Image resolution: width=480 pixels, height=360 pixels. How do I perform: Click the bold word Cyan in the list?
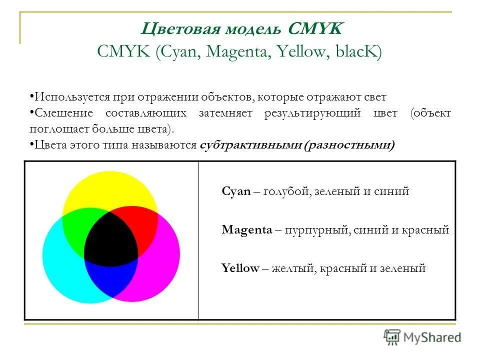(236, 191)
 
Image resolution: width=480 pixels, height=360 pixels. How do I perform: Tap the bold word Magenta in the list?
(247, 230)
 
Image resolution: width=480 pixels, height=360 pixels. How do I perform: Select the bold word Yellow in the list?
(240, 268)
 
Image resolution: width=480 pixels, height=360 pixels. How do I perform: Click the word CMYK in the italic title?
(315, 29)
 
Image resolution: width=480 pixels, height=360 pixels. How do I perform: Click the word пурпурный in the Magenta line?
(313, 230)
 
